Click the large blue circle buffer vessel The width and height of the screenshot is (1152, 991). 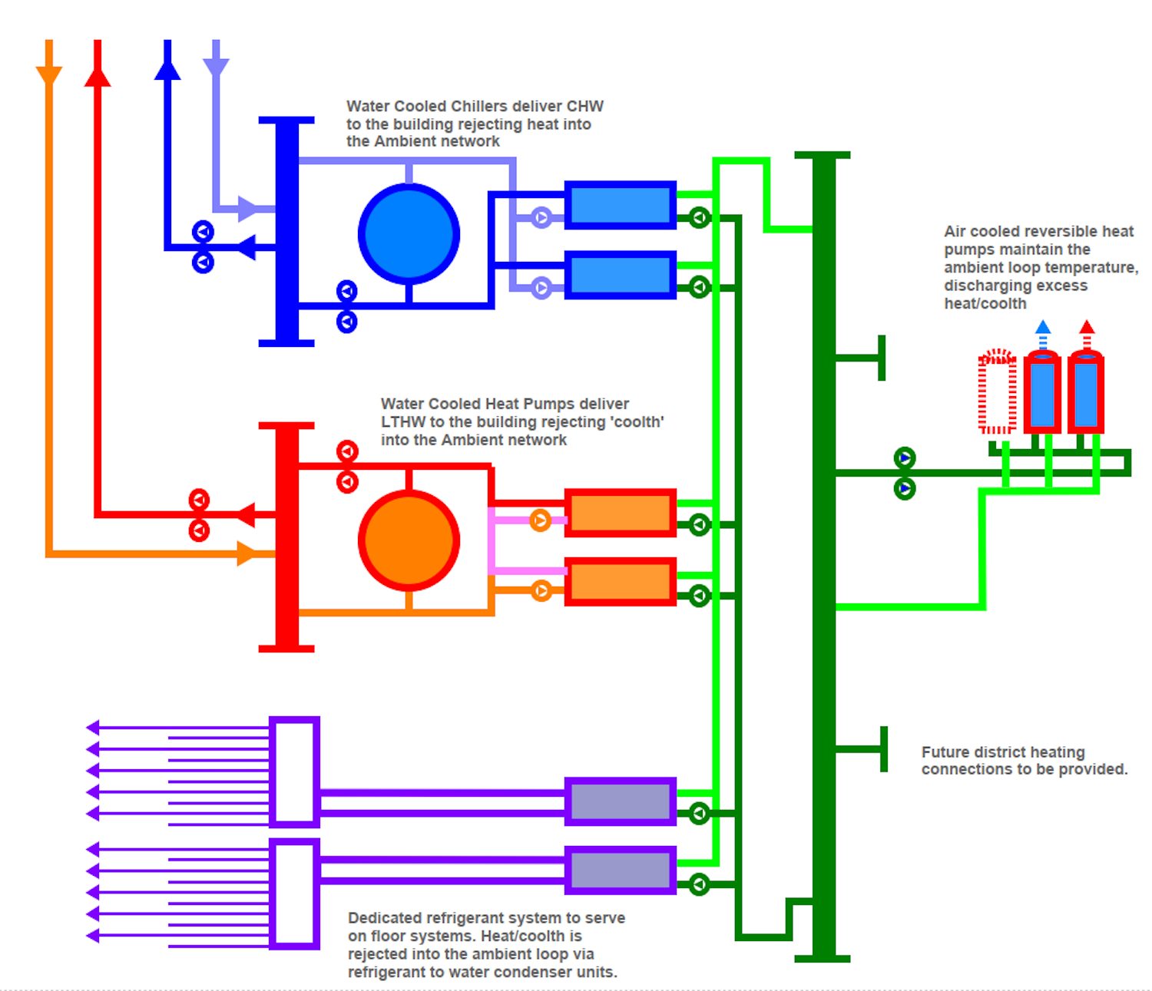[x=409, y=234]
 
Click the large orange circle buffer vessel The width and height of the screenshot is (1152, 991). [x=409, y=540]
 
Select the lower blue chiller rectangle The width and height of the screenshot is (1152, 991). [x=620, y=275]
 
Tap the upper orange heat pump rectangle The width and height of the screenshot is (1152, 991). [x=620, y=513]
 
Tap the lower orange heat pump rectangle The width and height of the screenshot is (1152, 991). [x=620, y=582]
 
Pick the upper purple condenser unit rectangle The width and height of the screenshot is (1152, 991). [x=620, y=801]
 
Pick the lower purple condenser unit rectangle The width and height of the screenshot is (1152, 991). [x=620, y=870]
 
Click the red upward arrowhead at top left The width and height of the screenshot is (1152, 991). [x=98, y=77]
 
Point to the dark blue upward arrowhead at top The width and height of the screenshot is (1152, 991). [x=167, y=71]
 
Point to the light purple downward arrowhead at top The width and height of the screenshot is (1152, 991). [x=216, y=68]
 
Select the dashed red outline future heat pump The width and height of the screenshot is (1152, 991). [x=997, y=393]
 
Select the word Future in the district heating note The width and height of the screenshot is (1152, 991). [x=945, y=752]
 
